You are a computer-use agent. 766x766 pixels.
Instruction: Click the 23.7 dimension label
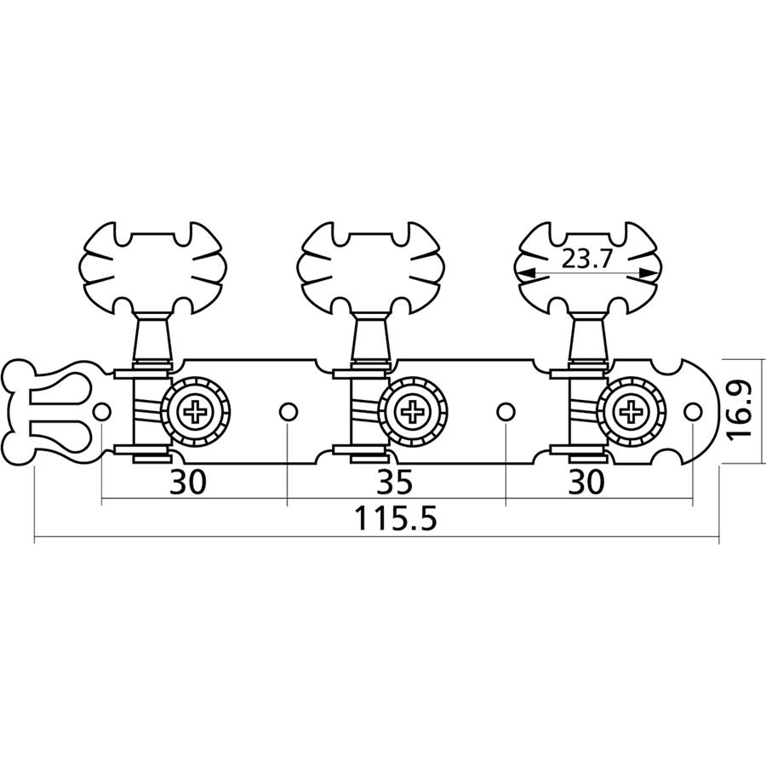point(587,260)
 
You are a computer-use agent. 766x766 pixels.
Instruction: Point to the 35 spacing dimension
point(394,482)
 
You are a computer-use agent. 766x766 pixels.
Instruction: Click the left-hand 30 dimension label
point(188,482)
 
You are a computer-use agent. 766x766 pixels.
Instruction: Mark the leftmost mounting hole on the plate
point(101,412)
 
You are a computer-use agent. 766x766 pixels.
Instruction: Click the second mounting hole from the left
point(288,412)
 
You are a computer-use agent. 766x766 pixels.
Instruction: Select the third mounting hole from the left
point(506,412)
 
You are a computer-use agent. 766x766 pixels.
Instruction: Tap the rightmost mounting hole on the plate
point(693,412)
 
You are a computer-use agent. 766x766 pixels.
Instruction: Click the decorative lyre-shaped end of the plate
point(47,412)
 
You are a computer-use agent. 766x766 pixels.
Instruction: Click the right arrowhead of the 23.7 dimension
point(652,273)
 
